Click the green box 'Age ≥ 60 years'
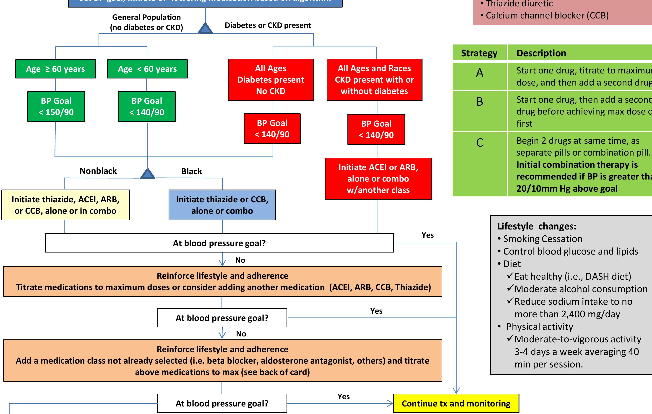[x=55, y=69]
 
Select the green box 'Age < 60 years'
[x=147, y=69]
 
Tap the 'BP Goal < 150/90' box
[x=56, y=107]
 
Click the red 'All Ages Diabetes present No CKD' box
[x=271, y=80]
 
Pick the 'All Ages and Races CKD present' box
[x=374, y=80]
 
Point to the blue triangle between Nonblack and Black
[x=148, y=174]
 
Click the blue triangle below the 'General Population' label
[x=205, y=29]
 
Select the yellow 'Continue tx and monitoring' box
[x=456, y=404]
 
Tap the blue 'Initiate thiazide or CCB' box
[x=222, y=205]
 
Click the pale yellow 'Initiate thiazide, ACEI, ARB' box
[x=65, y=205]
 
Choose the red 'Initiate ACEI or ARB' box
[x=378, y=179]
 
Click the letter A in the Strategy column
[x=480, y=73]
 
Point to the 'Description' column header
[x=541, y=53]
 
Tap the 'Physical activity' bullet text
[x=539, y=327]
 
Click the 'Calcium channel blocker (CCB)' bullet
[x=547, y=16]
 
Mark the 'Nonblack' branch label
[x=98, y=171]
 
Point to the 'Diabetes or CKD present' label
[x=268, y=25]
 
